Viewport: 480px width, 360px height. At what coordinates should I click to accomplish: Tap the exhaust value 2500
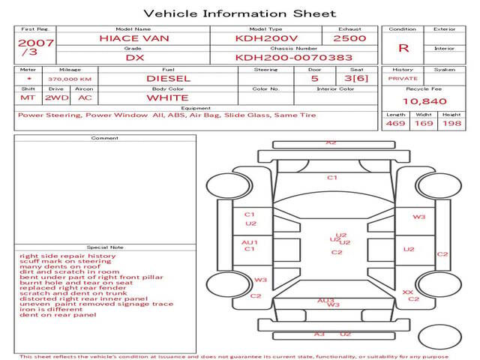[349, 37]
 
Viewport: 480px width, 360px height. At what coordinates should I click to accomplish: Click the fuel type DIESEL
[167, 77]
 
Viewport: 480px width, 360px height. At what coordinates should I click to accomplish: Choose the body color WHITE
[167, 97]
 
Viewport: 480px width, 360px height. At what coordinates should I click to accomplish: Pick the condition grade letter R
[403, 47]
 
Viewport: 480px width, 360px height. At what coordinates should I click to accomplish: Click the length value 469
[395, 123]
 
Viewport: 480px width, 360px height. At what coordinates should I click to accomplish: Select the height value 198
[451, 123]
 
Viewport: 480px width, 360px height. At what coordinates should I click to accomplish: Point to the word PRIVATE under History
[403, 78]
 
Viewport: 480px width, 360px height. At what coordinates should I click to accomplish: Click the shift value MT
[28, 97]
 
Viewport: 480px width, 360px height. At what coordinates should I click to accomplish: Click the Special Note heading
[104, 247]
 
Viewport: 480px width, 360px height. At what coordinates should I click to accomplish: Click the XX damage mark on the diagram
[407, 292]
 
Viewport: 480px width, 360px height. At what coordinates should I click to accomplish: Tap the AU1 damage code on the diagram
[250, 242]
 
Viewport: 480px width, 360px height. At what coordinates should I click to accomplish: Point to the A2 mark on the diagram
[331, 142]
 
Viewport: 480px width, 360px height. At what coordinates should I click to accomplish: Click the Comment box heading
[104, 138]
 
